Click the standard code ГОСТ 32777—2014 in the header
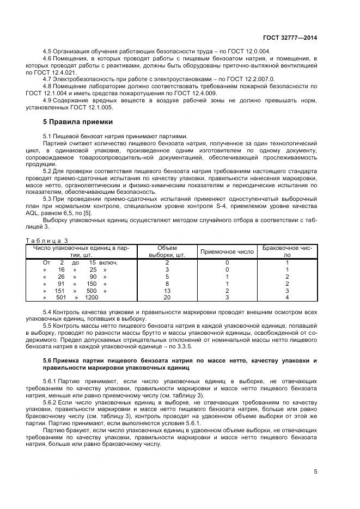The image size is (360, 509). coord(290,38)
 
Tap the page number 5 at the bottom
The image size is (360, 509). coord(315,471)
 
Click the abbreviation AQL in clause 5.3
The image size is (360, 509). coord(50,215)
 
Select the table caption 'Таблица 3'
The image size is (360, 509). coord(47,240)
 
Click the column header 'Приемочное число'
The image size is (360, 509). coord(227,252)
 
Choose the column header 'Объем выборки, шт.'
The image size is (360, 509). coord(167,251)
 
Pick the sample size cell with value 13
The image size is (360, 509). coord(167,291)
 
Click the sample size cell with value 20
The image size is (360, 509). coord(167,298)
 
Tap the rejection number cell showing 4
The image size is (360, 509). coord(288,298)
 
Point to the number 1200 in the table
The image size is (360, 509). coord(91,298)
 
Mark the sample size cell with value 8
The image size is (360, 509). coord(167,284)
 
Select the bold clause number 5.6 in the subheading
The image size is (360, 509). coord(48,361)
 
